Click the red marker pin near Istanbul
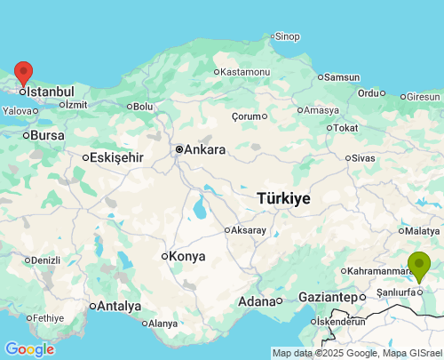click(x=24, y=73)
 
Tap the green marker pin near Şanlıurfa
click(x=418, y=264)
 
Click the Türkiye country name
click(x=283, y=198)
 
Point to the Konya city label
click(x=186, y=256)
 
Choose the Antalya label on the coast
click(x=119, y=306)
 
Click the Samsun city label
click(x=342, y=77)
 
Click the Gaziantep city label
click(x=325, y=297)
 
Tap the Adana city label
click(x=257, y=301)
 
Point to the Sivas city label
click(x=363, y=157)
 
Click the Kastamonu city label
click(x=245, y=71)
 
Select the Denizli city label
click(x=44, y=260)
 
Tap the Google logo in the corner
click(x=29, y=349)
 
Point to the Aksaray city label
click(x=248, y=230)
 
